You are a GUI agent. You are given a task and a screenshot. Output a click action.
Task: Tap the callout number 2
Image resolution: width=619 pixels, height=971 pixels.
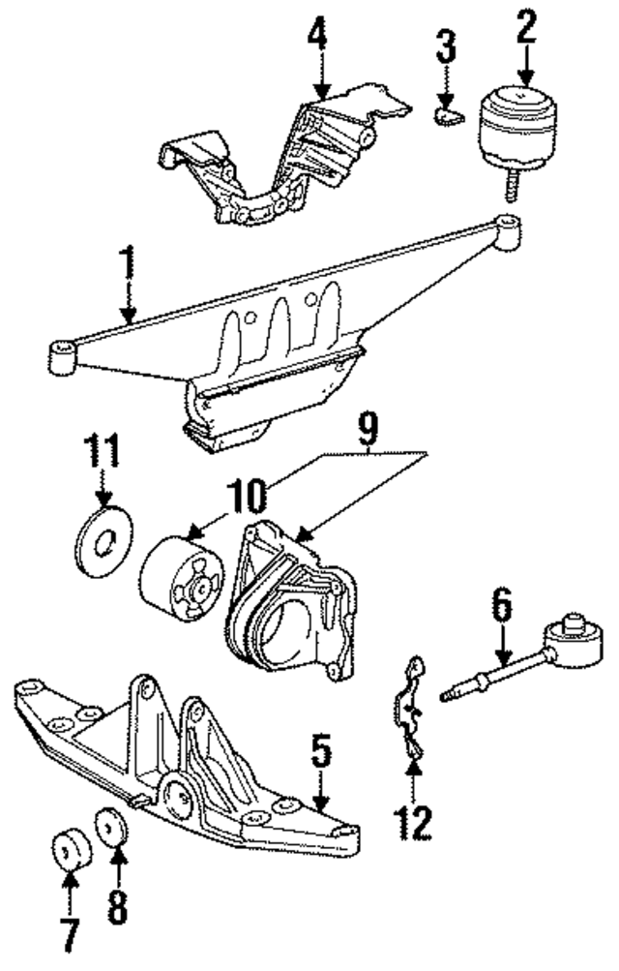[526, 27]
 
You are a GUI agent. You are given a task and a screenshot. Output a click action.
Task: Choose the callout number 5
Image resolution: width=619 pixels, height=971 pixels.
[322, 751]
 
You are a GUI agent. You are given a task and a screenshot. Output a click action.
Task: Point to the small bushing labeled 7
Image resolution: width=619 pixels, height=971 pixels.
[68, 849]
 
